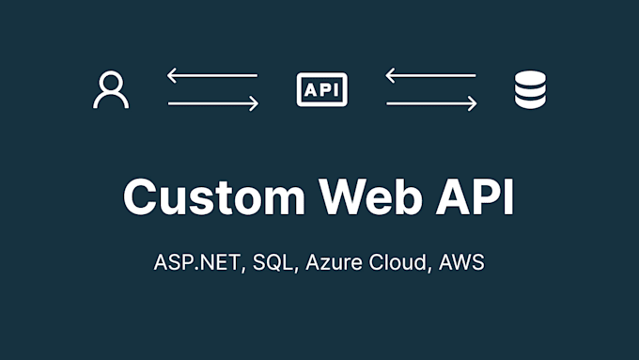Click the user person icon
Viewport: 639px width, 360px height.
111,90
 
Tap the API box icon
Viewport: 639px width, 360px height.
321,90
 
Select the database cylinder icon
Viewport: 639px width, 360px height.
531,90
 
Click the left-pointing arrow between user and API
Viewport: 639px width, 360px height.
212,75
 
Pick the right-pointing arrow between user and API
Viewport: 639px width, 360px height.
212,104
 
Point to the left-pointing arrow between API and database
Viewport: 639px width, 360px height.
430,75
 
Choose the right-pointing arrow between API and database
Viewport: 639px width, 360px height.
430,104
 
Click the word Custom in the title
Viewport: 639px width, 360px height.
212,198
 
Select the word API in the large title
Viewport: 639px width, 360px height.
476,198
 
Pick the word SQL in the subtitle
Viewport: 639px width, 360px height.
276,262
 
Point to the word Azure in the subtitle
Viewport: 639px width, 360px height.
335,262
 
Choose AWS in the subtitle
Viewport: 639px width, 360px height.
462,262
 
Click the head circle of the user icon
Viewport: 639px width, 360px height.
111,82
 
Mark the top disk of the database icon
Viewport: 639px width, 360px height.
531,79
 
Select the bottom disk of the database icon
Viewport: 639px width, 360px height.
531,102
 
